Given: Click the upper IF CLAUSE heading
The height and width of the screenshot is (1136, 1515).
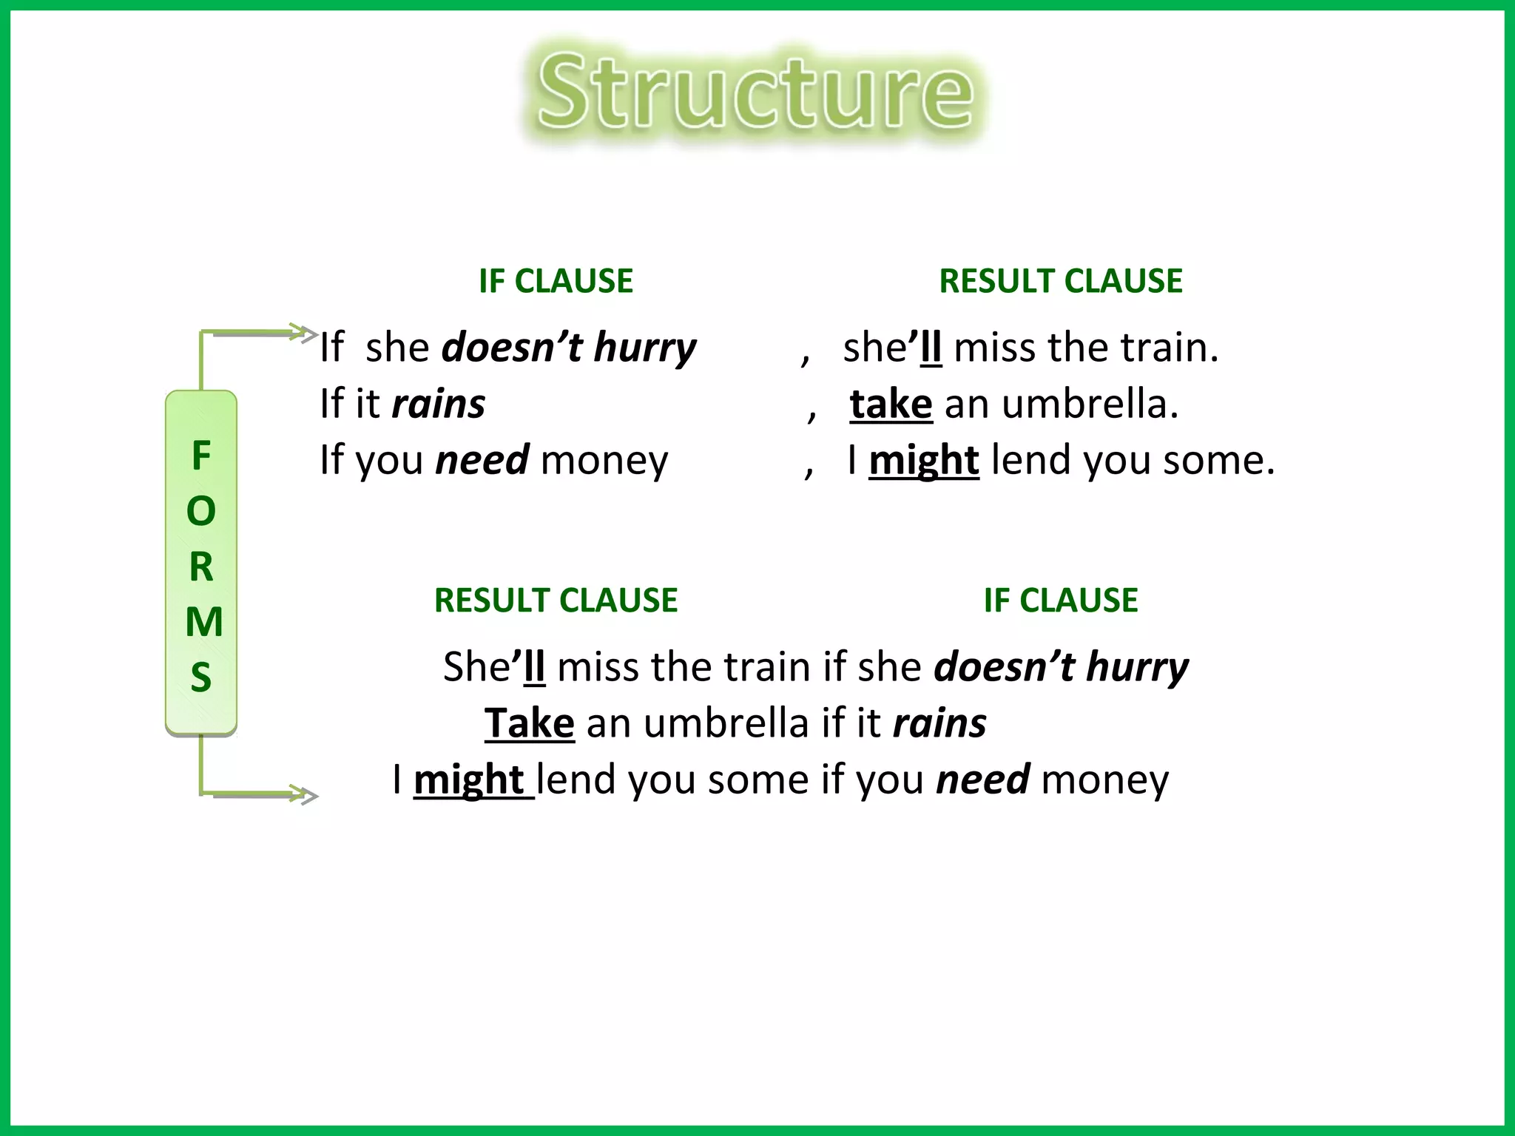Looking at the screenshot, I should click(556, 281).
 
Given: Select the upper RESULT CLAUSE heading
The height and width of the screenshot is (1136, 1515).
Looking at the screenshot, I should click(1060, 281).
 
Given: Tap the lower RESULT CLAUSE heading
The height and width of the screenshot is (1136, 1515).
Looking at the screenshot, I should click(556, 600).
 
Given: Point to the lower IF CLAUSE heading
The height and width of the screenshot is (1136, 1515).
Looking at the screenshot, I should click(1060, 600).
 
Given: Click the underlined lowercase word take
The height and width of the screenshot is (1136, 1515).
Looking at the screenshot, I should click(891, 405).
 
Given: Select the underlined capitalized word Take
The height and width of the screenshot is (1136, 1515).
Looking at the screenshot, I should click(529, 723).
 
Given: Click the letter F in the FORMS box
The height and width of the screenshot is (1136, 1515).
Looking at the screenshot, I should click(201, 456).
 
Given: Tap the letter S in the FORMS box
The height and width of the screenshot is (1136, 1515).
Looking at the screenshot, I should click(201, 677).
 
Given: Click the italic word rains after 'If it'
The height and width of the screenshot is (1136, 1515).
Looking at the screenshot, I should click(438, 405).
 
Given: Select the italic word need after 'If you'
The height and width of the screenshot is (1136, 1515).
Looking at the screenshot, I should click(482, 460).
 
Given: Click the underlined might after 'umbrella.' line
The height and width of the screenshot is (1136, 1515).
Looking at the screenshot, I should click(923, 460).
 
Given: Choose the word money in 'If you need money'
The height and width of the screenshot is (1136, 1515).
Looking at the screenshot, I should click(604, 460).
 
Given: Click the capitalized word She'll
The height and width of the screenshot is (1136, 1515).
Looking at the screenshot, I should click(493, 666).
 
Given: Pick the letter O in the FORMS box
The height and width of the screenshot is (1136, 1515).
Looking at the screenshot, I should click(201, 511).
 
